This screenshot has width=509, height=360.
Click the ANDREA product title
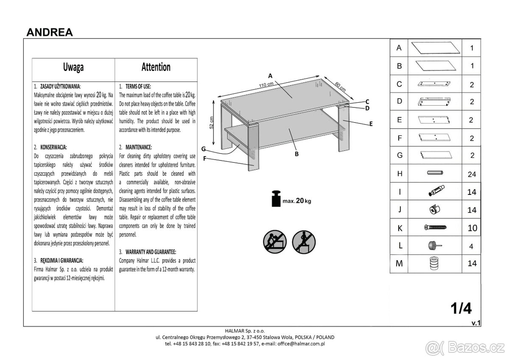point(50,32)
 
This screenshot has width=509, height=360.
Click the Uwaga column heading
point(73,67)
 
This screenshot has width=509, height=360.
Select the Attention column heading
point(156,67)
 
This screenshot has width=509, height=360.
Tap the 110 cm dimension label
point(266,84)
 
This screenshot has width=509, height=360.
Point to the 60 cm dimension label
point(340,86)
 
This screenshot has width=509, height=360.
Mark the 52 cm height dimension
point(211,123)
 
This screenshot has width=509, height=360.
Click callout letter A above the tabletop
point(270,76)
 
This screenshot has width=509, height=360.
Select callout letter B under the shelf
point(296,154)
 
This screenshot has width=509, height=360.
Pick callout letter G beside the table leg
point(204,149)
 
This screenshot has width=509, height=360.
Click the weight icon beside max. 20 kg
point(276,199)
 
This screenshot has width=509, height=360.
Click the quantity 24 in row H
point(472,174)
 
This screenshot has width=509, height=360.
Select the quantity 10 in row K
point(472,228)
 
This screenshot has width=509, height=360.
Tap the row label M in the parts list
point(399,264)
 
